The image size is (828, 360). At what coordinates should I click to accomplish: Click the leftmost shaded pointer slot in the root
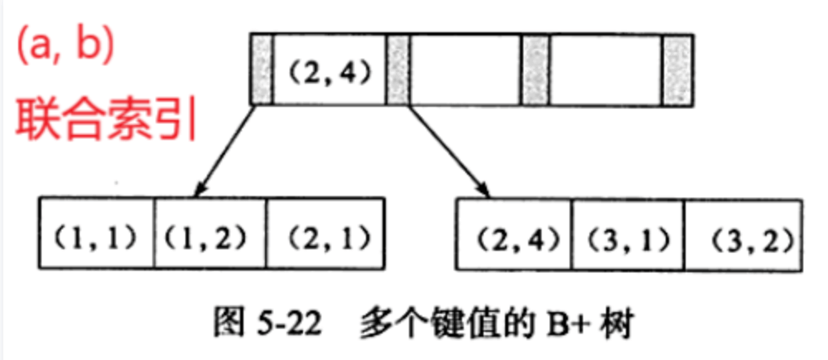click(x=261, y=70)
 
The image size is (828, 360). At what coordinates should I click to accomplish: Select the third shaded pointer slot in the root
click(x=534, y=70)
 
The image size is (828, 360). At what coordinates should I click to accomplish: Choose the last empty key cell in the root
click(x=606, y=70)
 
